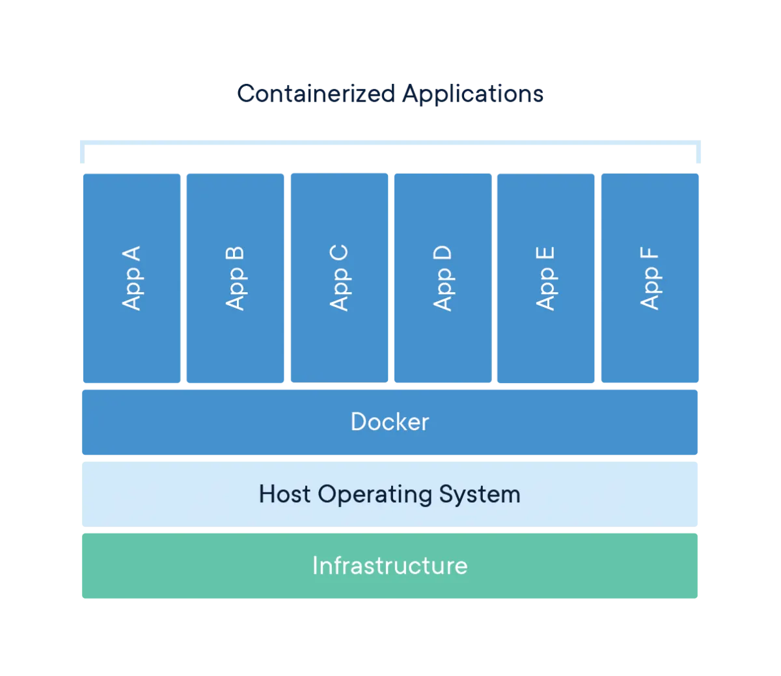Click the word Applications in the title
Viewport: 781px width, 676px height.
[473, 95]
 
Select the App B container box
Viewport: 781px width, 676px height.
[235, 278]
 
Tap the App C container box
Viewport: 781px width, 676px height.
[338, 278]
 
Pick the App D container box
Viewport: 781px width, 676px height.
[442, 278]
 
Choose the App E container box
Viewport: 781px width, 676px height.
[545, 278]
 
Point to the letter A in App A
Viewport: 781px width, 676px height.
[131, 254]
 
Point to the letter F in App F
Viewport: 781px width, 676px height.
[650, 255]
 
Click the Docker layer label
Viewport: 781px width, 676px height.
[389, 422]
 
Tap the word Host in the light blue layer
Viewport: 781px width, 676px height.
[284, 494]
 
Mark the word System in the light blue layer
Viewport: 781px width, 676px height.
[480, 494]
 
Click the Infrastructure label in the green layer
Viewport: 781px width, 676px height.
[389, 565]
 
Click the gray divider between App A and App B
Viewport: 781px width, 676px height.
[184, 278]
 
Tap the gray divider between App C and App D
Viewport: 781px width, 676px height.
[390, 278]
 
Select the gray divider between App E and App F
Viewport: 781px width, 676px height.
[597, 278]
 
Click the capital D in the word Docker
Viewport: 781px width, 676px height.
[359, 422]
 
